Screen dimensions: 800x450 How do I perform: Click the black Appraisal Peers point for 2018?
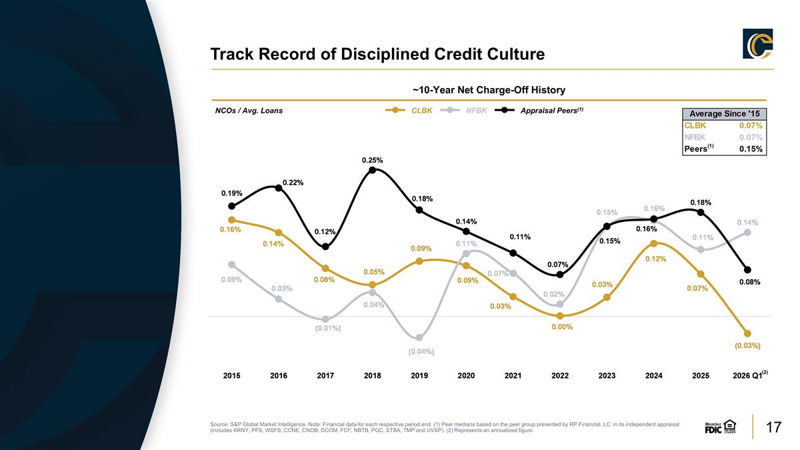coord(372,170)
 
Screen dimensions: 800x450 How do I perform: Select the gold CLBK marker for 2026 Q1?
coord(747,333)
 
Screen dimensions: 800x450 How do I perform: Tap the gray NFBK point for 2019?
coord(419,337)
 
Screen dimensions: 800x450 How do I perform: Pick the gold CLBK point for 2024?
coord(654,243)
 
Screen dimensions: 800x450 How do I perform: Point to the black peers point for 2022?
coord(560,275)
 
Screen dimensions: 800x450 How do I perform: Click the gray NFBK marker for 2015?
coord(232,265)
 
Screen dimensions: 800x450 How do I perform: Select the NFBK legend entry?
coord(463,111)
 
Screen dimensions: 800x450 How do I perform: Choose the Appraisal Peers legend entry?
coord(539,111)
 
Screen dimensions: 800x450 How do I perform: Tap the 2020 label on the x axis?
coord(466,376)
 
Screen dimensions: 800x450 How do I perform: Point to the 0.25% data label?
coord(372,161)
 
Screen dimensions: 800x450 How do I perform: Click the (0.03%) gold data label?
coord(747,346)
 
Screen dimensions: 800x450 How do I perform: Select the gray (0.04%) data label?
coord(421,352)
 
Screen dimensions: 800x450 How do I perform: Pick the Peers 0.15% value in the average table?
coord(751,149)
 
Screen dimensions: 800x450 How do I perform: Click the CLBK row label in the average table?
coord(695,125)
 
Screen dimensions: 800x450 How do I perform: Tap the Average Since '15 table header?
coord(724,114)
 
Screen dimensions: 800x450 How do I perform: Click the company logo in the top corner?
coord(758,43)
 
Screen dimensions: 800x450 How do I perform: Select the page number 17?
coord(773,427)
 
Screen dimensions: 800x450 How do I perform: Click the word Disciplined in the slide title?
coord(385,54)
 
